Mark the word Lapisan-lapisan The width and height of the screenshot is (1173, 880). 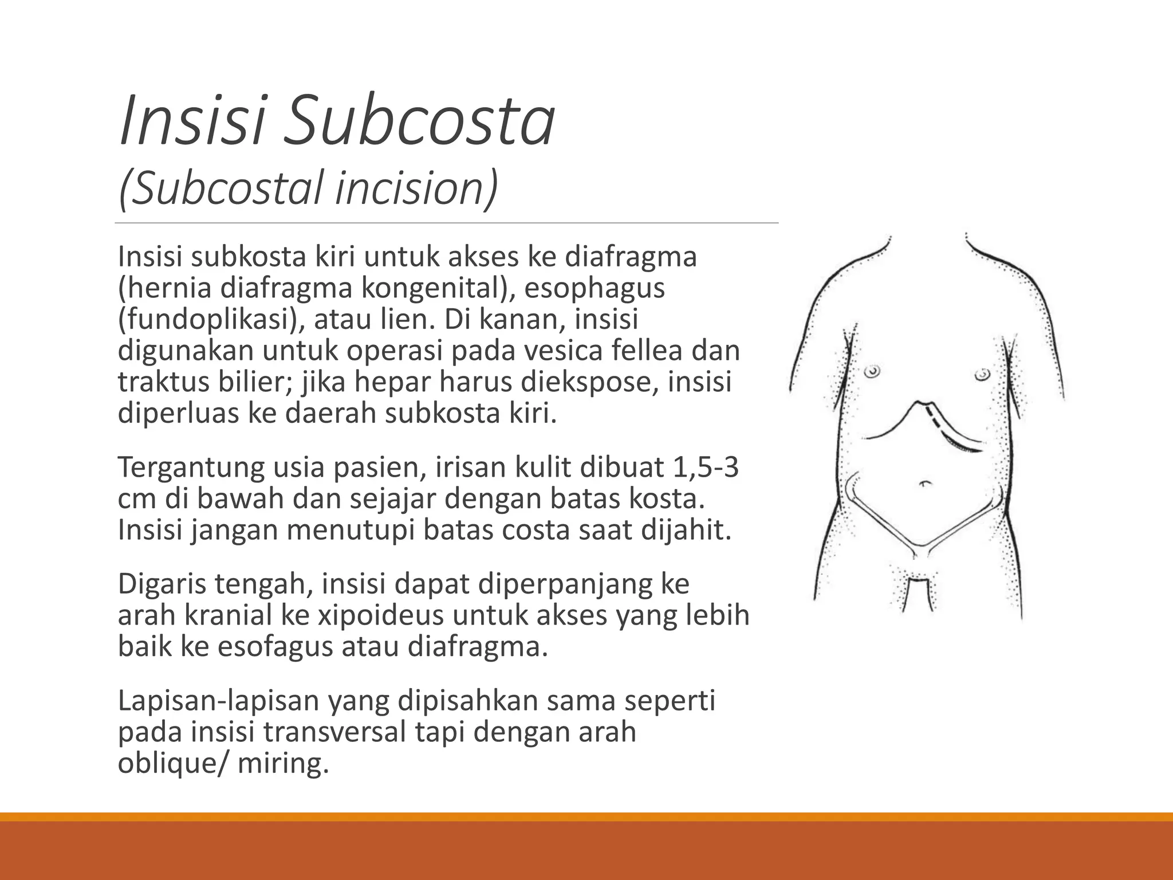point(218,701)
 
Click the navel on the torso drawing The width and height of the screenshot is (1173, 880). point(924,483)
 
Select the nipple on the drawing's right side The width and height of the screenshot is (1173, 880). point(982,375)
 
